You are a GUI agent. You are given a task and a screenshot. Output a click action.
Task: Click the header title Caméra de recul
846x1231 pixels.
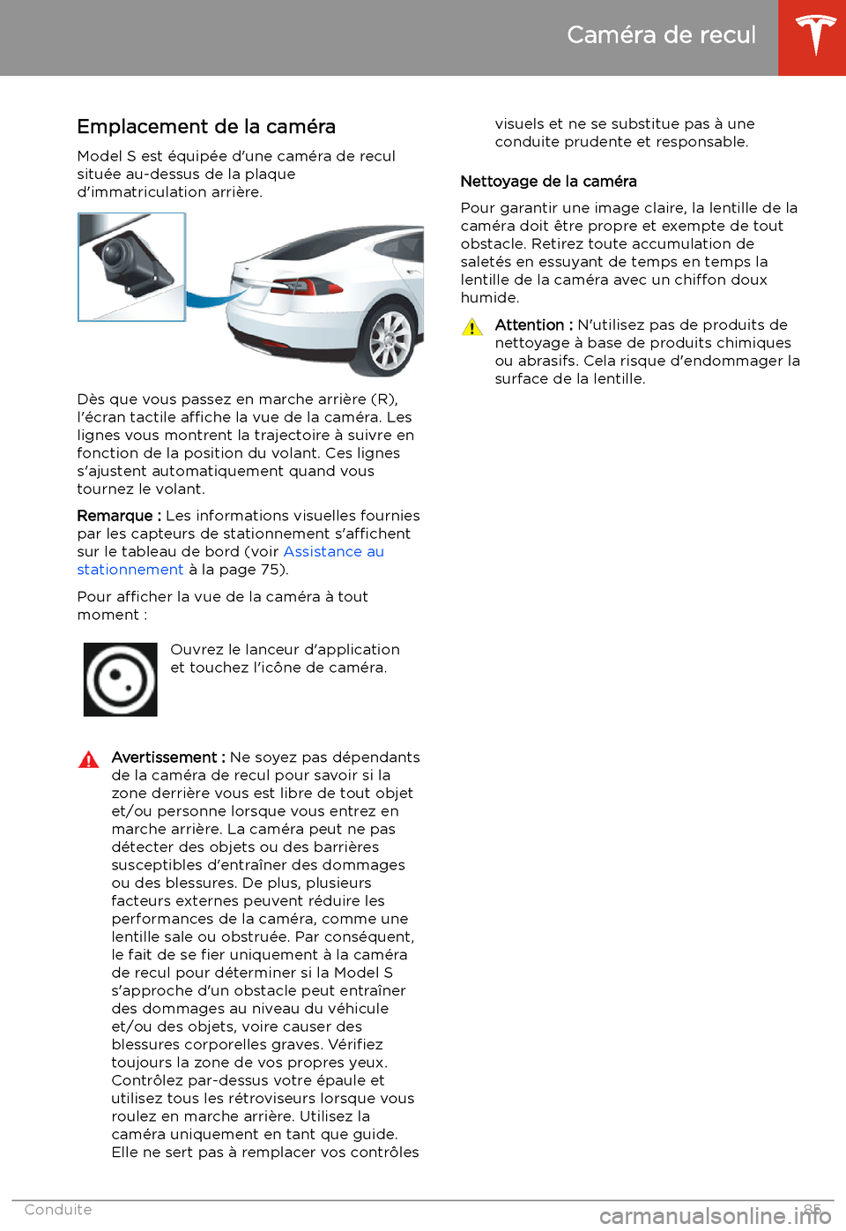click(661, 35)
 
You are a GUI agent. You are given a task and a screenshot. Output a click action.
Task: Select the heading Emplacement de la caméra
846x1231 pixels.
click(206, 127)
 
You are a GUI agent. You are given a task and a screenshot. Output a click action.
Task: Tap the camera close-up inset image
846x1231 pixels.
click(131, 267)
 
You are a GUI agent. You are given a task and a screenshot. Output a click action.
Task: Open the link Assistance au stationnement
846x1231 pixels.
click(333, 552)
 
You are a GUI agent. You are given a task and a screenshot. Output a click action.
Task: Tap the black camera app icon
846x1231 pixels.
click(121, 679)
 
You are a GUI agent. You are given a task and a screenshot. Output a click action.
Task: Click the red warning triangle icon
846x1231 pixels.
click(89, 760)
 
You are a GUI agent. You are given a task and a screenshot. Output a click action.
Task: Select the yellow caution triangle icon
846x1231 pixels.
click(472, 328)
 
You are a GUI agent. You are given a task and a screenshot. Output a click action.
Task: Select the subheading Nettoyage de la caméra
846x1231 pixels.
click(548, 182)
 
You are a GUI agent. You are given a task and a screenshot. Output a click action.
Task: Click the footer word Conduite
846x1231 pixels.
click(58, 1210)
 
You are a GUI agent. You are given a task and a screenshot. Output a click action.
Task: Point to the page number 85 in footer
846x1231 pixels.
click(813, 1209)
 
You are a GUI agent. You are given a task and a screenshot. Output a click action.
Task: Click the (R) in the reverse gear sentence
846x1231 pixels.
click(383, 399)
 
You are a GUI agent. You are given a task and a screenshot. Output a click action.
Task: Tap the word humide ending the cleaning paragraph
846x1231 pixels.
click(489, 298)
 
